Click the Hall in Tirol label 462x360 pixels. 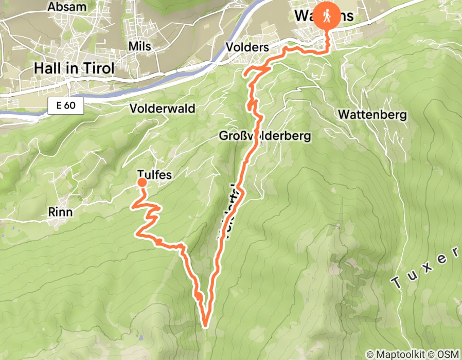point(74,67)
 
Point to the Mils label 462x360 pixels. point(140,46)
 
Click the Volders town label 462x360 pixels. point(247,47)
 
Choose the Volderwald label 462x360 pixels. point(162,109)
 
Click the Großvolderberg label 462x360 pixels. point(264,136)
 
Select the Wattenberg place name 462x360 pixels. point(372,115)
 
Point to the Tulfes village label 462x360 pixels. point(154,175)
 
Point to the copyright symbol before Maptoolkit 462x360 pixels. point(369,354)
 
